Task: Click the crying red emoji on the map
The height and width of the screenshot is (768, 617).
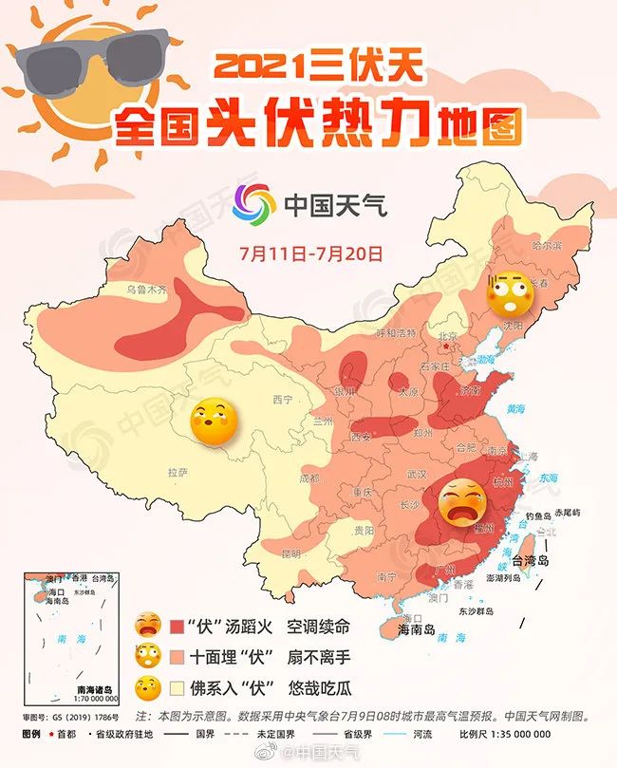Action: (460, 502)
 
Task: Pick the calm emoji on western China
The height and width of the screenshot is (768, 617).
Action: (214, 424)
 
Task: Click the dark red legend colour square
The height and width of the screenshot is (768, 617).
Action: (178, 628)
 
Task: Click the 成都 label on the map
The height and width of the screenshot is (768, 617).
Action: (309, 478)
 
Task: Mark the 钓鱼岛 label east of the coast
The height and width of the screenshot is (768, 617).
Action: (539, 515)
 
